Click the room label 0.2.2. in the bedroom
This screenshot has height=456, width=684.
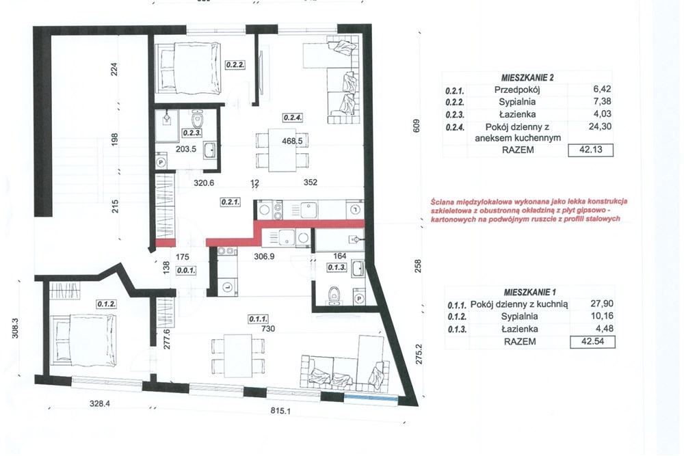235,65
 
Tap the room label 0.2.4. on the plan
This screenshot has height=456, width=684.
293,118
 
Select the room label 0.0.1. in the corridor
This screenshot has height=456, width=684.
186,270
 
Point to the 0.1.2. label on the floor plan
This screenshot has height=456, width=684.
107,304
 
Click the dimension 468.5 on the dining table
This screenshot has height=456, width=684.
292,141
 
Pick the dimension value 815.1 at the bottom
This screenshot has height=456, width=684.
280,410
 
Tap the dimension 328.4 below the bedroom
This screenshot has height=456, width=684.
100,403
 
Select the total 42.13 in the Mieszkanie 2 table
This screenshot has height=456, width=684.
591,150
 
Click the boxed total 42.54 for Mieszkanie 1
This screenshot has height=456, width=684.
593,342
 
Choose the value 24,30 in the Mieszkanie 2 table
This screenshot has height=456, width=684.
600,126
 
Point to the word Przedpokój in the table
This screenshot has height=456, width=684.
517,90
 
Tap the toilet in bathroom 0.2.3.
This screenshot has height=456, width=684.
198,118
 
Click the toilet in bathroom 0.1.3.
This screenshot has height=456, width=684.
334,294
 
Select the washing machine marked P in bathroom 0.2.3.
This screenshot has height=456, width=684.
160,162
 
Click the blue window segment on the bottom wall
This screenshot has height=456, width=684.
370,398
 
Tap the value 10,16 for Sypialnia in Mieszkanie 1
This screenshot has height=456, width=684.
601,316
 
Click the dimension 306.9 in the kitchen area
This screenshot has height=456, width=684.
264,256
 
